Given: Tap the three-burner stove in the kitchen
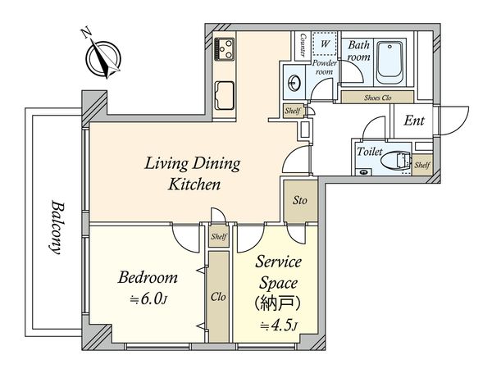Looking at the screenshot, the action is [224, 49].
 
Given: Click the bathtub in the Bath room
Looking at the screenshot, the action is [389, 62].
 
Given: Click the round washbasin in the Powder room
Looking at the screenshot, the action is [294, 83].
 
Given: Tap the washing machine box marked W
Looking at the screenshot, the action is [325, 44].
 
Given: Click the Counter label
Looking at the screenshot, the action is [303, 45].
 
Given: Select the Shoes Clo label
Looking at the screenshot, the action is [377, 98].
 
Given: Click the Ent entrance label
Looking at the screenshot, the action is [414, 121].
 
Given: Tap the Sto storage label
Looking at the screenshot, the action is [300, 200].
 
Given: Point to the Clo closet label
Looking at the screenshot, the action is [218, 297].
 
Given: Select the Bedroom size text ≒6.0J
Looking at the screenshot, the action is [148, 298].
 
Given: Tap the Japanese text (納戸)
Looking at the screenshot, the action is [278, 303].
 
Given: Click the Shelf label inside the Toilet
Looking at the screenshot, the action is [422, 165].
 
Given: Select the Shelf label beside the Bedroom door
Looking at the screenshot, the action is [219, 236].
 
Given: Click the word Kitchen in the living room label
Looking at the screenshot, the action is [194, 184].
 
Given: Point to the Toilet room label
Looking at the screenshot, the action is [370, 152].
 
